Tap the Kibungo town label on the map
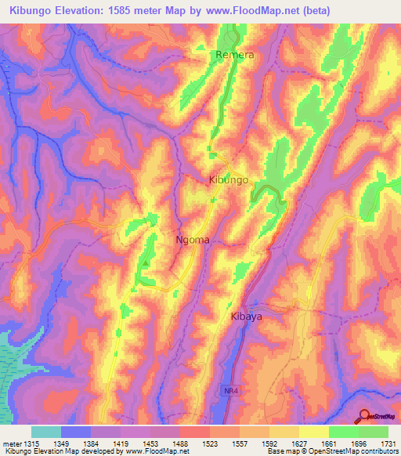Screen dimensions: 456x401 pyautogui.click(x=229, y=179)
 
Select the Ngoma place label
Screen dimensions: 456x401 pyautogui.click(x=192, y=240)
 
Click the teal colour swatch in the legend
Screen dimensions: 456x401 pyautogui.click(x=46, y=432)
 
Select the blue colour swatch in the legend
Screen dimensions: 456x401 pyautogui.click(x=76, y=432)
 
